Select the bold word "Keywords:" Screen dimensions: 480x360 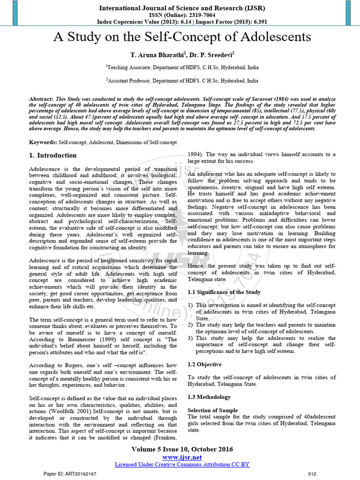[43, 142]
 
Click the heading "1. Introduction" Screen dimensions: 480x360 [53, 156]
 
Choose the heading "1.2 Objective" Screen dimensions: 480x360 [204, 364]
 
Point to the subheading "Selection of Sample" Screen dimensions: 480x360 [213, 410]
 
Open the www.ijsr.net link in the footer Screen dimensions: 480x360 [182, 457]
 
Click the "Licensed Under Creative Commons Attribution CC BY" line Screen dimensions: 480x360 [182, 464]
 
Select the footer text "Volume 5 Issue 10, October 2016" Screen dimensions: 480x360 [182, 449]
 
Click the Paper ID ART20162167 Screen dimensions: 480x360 [70, 474]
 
